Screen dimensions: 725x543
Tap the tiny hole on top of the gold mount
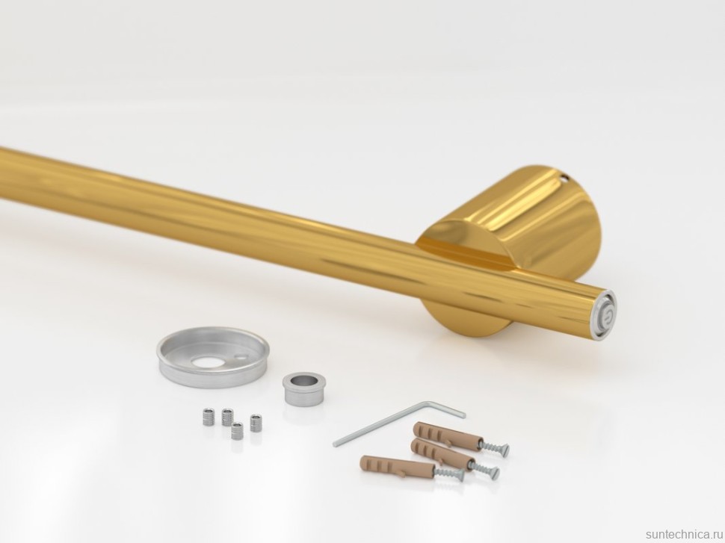click(x=564, y=176)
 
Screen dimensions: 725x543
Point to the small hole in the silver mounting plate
click(x=240, y=356)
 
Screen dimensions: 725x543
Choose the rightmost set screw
click(x=256, y=423)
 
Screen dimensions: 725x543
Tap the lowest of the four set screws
click(x=238, y=431)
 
